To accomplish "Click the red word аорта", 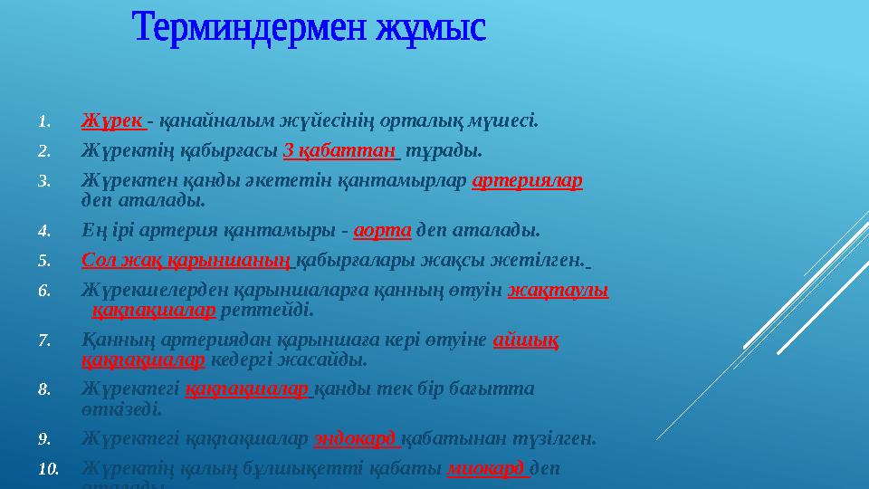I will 383,230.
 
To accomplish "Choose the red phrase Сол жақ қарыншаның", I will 186,261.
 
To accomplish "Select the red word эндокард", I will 355,439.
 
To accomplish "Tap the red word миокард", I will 487,469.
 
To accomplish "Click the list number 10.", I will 47,469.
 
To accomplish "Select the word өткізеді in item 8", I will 121,409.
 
